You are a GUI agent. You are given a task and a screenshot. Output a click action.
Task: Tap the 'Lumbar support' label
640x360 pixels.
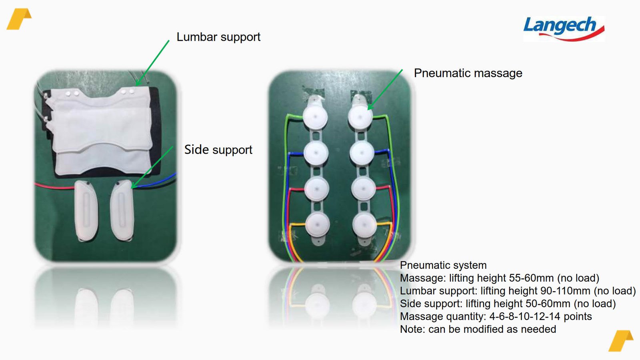[x=218, y=37]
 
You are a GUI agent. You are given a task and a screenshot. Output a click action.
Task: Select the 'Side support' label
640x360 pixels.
[x=218, y=150]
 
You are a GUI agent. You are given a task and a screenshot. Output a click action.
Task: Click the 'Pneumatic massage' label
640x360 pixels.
[x=468, y=73]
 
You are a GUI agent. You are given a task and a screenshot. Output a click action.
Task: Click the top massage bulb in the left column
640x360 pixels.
[x=315, y=116]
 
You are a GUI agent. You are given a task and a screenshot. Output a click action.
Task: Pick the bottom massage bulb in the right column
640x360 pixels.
[x=364, y=225]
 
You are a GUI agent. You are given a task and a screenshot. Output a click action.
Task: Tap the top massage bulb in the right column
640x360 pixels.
[x=360, y=117]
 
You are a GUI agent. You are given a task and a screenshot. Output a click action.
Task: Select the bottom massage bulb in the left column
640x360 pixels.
[x=318, y=225]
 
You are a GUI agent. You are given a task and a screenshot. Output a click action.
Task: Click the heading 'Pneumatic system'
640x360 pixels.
[x=443, y=265]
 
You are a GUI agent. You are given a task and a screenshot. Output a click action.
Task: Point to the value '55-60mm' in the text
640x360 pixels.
[x=531, y=278]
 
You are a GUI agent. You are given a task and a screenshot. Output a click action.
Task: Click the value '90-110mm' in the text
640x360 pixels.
[x=565, y=291]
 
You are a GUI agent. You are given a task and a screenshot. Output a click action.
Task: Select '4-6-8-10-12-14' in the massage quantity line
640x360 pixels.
[x=524, y=316]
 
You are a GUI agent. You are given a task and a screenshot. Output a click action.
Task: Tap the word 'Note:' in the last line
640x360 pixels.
[x=412, y=329]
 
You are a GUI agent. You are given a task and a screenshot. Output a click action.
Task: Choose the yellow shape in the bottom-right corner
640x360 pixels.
[x=621, y=341]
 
